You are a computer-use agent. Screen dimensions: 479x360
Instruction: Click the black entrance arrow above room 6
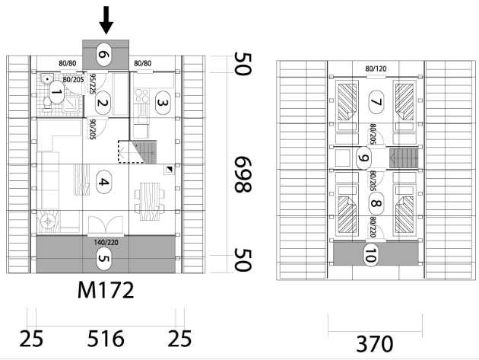pyautogui.click(x=106, y=20)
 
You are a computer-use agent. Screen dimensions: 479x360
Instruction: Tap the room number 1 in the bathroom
pyautogui.click(x=56, y=92)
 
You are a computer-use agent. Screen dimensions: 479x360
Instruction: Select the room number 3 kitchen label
pyautogui.click(x=163, y=103)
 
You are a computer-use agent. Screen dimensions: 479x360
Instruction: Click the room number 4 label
pyautogui.click(x=104, y=183)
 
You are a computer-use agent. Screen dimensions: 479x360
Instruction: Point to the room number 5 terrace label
pyautogui.click(x=104, y=259)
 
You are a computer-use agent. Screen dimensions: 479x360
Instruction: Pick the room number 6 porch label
pyautogui.click(x=104, y=55)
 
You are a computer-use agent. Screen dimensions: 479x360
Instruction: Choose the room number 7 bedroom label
pyautogui.click(x=376, y=102)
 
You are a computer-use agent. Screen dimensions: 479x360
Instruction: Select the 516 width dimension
pyautogui.click(x=106, y=339)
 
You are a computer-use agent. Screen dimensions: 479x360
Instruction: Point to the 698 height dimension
pyautogui.click(x=243, y=174)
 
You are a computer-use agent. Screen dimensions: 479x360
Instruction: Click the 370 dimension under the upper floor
pyautogui.click(x=375, y=344)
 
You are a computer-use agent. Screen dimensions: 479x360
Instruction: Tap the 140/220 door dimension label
pyautogui.click(x=106, y=243)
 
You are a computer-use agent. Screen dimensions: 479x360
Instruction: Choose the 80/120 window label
pyautogui.click(x=376, y=68)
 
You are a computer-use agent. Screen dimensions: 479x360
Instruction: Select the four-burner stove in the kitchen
pyautogui.click(x=142, y=95)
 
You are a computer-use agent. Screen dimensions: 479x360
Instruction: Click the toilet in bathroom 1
pyautogui.click(x=46, y=103)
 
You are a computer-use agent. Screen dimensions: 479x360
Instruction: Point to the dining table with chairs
pyautogui.click(x=150, y=201)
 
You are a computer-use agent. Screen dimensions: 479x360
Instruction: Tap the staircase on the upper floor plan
pyautogui.click(x=404, y=158)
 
